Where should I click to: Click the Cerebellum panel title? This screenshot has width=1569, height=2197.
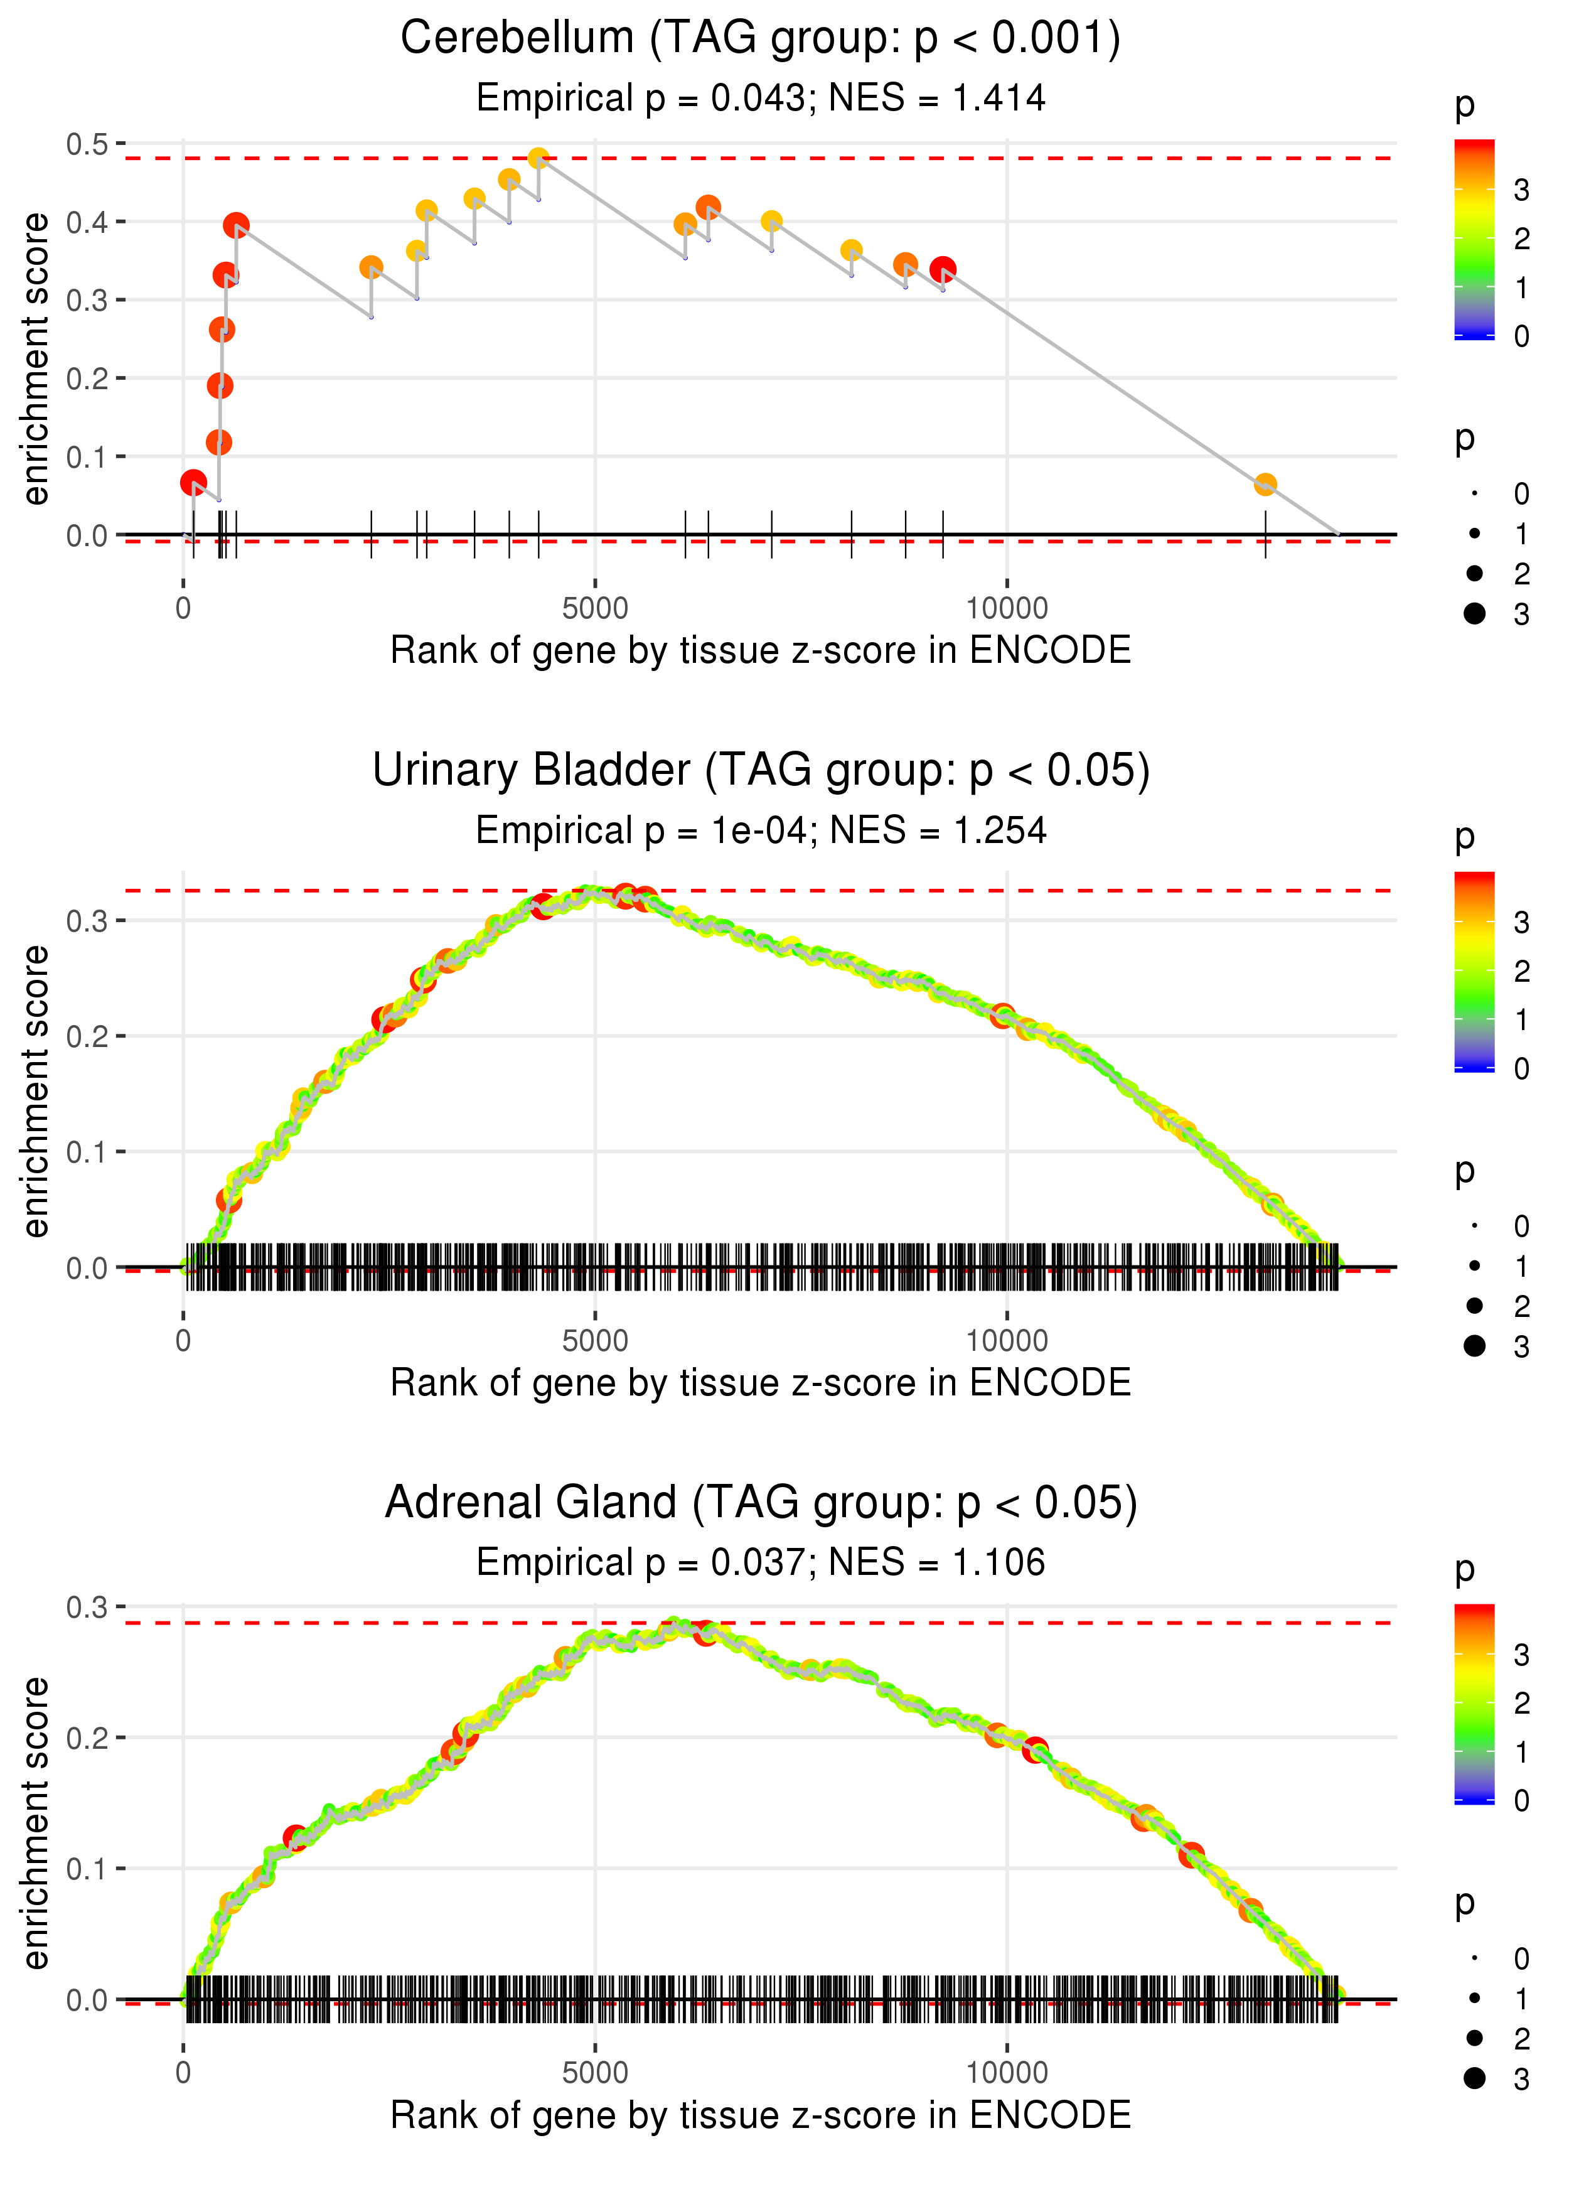(x=761, y=39)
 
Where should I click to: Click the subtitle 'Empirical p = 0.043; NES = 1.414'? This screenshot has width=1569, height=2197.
(x=761, y=99)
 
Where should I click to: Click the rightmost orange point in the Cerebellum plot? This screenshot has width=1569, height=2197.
(x=1265, y=484)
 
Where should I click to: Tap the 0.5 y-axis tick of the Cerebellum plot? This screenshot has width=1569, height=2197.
(x=87, y=144)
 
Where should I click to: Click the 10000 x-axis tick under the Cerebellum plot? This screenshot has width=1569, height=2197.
(x=1007, y=609)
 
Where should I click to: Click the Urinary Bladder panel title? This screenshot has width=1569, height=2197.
(x=761, y=771)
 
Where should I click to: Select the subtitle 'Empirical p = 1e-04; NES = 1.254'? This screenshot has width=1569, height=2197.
(x=761, y=831)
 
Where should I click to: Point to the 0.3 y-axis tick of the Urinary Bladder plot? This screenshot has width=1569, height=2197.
(x=87, y=921)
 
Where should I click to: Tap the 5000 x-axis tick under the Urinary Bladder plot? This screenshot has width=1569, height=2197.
(x=595, y=1341)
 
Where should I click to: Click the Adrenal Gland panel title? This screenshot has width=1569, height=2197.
(x=761, y=1503)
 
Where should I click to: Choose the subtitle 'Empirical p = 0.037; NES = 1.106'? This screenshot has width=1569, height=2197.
(x=761, y=1562)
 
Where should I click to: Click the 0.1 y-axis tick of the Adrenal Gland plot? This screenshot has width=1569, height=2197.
(x=87, y=1869)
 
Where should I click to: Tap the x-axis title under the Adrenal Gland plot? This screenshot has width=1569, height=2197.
(x=761, y=2115)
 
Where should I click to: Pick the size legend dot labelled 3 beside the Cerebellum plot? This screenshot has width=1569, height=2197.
(x=1474, y=613)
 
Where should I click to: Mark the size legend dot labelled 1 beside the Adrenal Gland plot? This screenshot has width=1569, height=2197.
(x=1474, y=1998)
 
